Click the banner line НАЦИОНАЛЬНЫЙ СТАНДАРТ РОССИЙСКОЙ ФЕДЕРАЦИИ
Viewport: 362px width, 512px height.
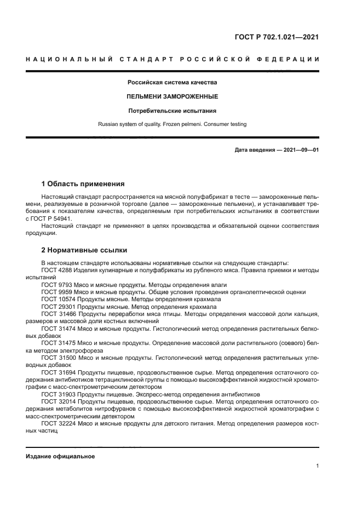pyautogui.click(x=173, y=59)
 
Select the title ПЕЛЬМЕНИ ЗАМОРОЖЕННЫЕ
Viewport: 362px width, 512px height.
pyautogui.click(x=173, y=96)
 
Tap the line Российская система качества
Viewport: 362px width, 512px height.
pyautogui.click(x=173, y=83)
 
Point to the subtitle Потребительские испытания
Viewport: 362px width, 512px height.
pyautogui.click(x=173, y=111)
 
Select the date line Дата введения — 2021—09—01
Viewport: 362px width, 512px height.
pyautogui.click(x=277, y=149)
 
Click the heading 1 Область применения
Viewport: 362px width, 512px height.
pyautogui.click(x=83, y=183)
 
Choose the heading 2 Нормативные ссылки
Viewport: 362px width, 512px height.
pyautogui.click(x=84, y=250)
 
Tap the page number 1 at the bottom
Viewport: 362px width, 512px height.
pyautogui.click(x=317, y=466)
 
